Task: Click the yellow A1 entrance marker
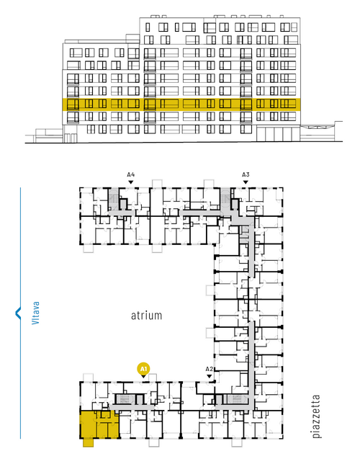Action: (x=143, y=369)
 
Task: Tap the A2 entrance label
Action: (x=209, y=369)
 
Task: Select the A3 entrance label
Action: (x=246, y=175)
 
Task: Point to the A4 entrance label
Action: (x=131, y=175)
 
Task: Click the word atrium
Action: (x=146, y=316)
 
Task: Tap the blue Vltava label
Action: (x=35, y=313)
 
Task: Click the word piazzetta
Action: (x=316, y=416)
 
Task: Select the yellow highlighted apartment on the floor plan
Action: (x=99, y=424)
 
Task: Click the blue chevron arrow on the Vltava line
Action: (x=18, y=313)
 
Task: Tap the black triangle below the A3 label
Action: (x=246, y=182)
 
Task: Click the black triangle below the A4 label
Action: (x=131, y=182)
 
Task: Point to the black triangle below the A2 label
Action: (x=209, y=376)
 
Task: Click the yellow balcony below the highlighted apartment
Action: (x=88, y=442)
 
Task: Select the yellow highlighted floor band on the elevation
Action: (x=181, y=104)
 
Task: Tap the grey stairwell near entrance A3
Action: (x=225, y=199)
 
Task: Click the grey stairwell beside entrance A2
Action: (x=236, y=399)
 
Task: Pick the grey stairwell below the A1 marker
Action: (x=125, y=399)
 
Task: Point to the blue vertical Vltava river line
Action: (x=20, y=313)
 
